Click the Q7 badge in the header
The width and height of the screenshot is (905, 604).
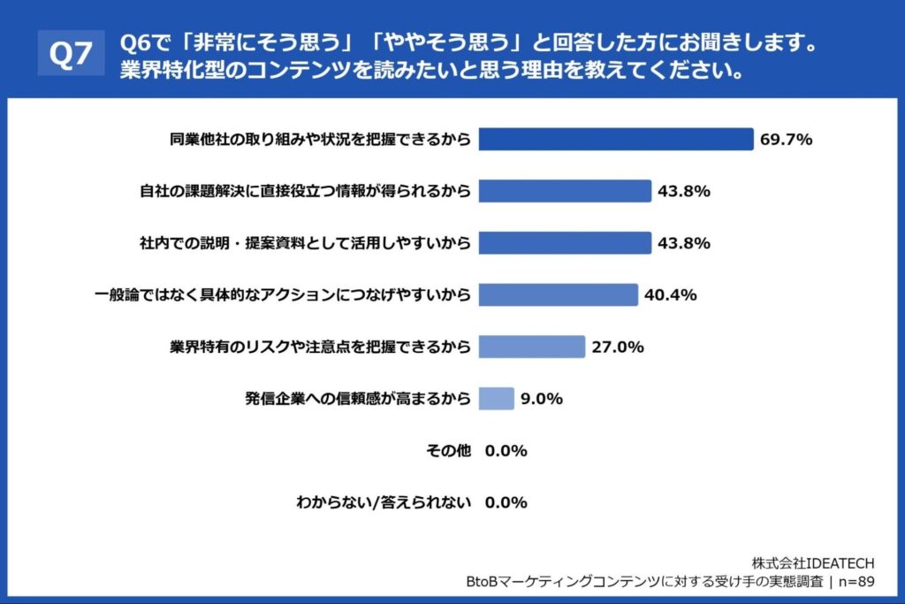[70, 55]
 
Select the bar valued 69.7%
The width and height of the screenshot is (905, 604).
[615, 139]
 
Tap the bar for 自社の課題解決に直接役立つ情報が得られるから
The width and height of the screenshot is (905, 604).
[565, 191]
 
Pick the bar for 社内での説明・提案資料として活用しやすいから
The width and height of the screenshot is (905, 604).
[565, 242]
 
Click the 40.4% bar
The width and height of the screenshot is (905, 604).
[558, 294]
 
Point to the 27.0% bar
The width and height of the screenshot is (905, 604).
[532, 347]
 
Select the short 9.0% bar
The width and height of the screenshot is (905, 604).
[496, 399]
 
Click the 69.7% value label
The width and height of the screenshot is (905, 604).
[786, 139]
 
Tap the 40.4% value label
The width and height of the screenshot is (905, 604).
[670, 294]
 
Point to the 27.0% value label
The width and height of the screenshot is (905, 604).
[617, 347]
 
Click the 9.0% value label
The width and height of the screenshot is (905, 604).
[542, 399]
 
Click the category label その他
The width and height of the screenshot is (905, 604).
[448, 451]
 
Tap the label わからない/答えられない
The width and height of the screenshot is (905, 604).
[384, 502]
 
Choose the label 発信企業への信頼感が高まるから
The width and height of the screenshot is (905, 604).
[358, 399]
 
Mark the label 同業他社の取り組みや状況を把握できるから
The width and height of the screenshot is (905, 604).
[319, 139]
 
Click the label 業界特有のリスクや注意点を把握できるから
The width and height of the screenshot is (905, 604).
[319, 347]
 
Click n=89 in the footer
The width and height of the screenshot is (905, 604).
[854, 582]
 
